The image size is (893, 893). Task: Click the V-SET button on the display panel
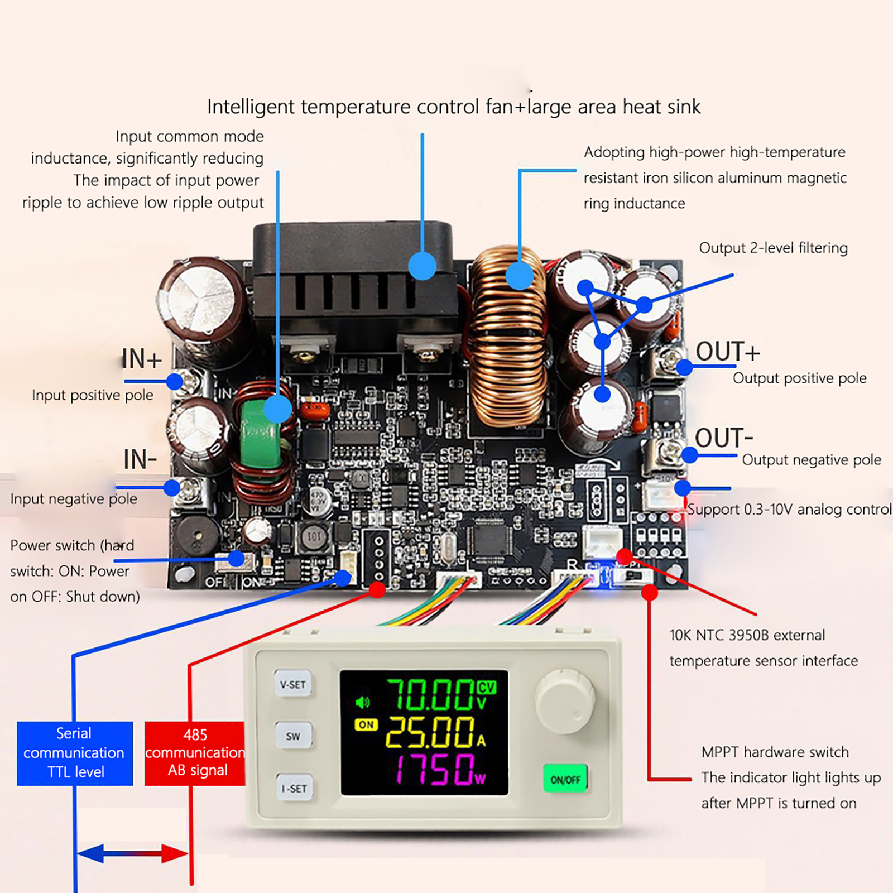click(292, 684)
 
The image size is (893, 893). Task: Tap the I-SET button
click(294, 788)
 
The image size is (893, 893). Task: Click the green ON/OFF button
click(565, 779)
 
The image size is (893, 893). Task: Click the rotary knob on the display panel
click(565, 701)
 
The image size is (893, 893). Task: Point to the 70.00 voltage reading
click(430, 695)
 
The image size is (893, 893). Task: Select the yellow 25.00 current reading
click(430, 732)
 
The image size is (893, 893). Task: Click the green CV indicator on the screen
click(487, 688)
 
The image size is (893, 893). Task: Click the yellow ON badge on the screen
click(366, 724)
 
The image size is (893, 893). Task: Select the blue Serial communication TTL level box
click(75, 753)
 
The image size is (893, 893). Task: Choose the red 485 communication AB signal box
click(194, 753)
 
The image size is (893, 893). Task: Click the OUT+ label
click(727, 352)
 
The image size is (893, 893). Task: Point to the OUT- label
click(724, 438)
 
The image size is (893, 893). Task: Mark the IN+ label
click(142, 359)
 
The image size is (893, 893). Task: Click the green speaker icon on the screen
click(363, 702)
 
